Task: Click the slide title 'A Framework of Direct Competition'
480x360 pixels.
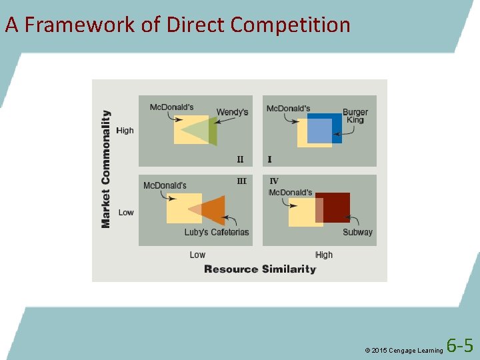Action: click(177, 25)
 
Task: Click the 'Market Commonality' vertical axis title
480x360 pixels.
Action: click(106, 169)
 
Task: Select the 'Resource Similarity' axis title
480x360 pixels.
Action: click(260, 269)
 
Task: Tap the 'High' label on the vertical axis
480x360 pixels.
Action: click(125, 131)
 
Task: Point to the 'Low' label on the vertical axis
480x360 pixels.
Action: click(126, 213)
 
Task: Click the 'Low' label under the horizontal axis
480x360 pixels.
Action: click(197, 255)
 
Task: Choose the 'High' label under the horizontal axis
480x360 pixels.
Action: click(324, 255)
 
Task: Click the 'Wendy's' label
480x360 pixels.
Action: click(232, 112)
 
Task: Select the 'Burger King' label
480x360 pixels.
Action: click(355, 116)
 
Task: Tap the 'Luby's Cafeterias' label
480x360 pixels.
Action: click(217, 232)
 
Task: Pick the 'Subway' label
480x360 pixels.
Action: click(357, 232)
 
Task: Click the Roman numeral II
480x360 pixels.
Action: click(240, 159)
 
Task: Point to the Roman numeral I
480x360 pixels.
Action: click(269, 159)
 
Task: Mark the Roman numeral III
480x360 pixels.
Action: click(241, 181)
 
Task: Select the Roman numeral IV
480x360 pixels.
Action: click(274, 181)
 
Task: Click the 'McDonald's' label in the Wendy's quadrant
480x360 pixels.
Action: click(171, 107)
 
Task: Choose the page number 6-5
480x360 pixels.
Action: click(460, 346)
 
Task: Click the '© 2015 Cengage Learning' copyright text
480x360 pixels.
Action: click(403, 350)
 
